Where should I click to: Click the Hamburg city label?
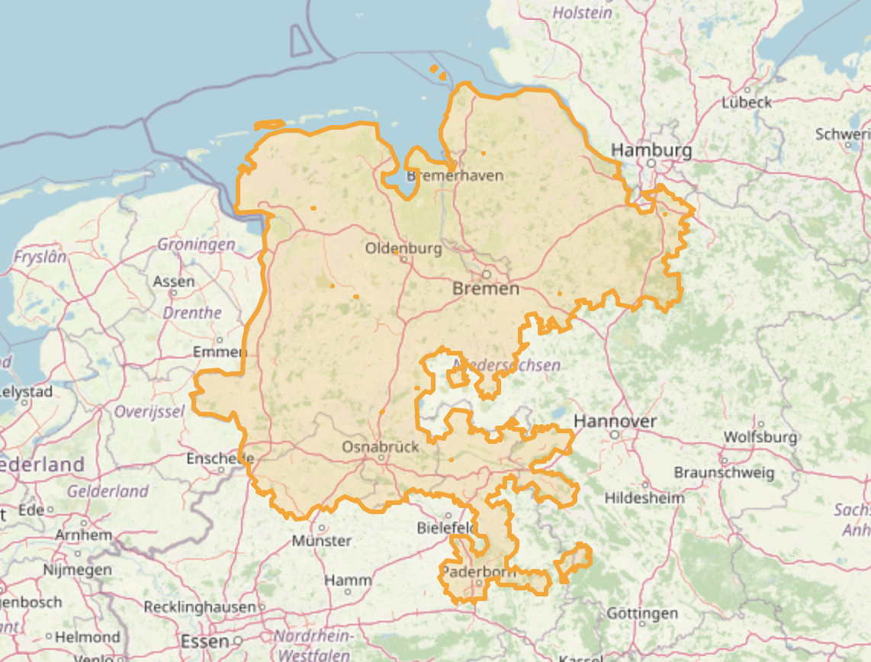coord(651,150)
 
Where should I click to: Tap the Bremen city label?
coord(486,288)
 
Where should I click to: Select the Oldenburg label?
coord(403,249)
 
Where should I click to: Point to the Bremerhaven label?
coord(455,175)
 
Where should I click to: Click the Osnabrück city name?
coord(381,446)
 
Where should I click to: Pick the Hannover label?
coord(615,421)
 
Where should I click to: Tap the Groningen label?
coord(196,245)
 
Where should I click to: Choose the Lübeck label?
coord(747,102)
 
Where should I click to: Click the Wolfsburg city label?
coord(760,437)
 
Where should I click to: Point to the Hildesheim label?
coord(644,498)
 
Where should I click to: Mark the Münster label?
coord(322,541)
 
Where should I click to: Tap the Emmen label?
coord(220,352)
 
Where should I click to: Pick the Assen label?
coord(174,281)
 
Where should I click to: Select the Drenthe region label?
coord(192,313)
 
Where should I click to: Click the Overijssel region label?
coord(149,412)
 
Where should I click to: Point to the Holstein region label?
coord(582,13)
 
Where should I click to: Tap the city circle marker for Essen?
coord(238,641)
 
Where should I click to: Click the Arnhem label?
coord(79,535)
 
